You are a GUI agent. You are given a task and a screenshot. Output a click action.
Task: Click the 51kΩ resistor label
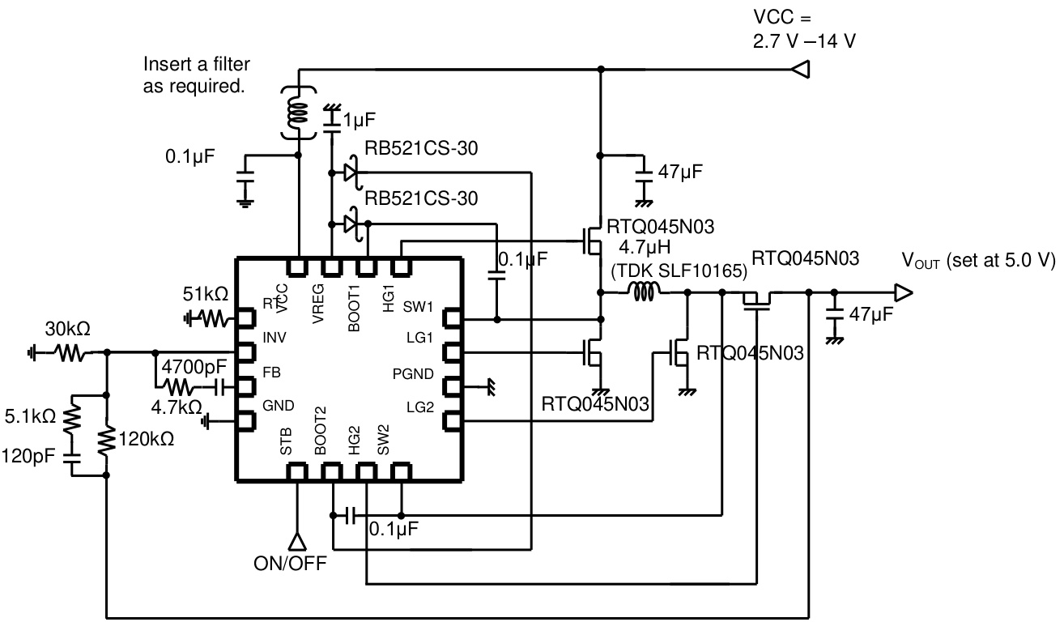pyautogui.click(x=205, y=293)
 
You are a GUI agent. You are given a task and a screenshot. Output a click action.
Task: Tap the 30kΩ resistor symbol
pyautogui.click(x=69, y=352)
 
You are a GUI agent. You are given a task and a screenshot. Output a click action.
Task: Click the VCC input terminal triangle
pyautogui.click(x=799, y=70)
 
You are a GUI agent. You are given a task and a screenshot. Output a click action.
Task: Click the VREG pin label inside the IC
pyautogui.click(x=318, y=304)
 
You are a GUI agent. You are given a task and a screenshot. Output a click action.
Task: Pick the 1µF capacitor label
pyautogui.click(x=359, y=121)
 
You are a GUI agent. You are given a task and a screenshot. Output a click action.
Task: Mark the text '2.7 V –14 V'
pyautogui.click(x=803, y=40)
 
